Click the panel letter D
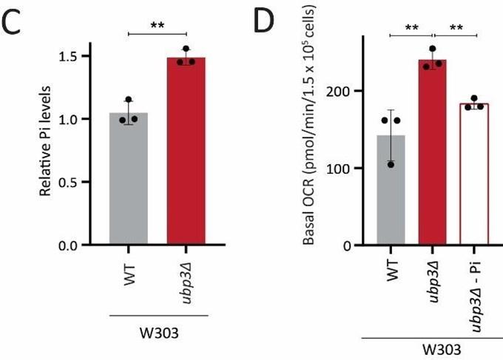pyautogui.click(x=264, y=24)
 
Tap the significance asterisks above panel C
pyautogui.click(x=157, y=25)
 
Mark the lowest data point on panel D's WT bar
pyautogui.click(x=389, y=164)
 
